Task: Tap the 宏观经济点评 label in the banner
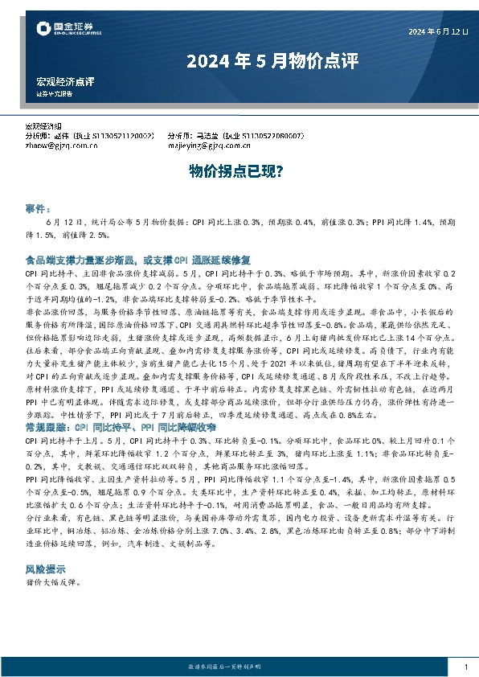pos(65,82)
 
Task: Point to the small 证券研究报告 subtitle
pos(55,93)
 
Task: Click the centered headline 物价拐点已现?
pos(239,170)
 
